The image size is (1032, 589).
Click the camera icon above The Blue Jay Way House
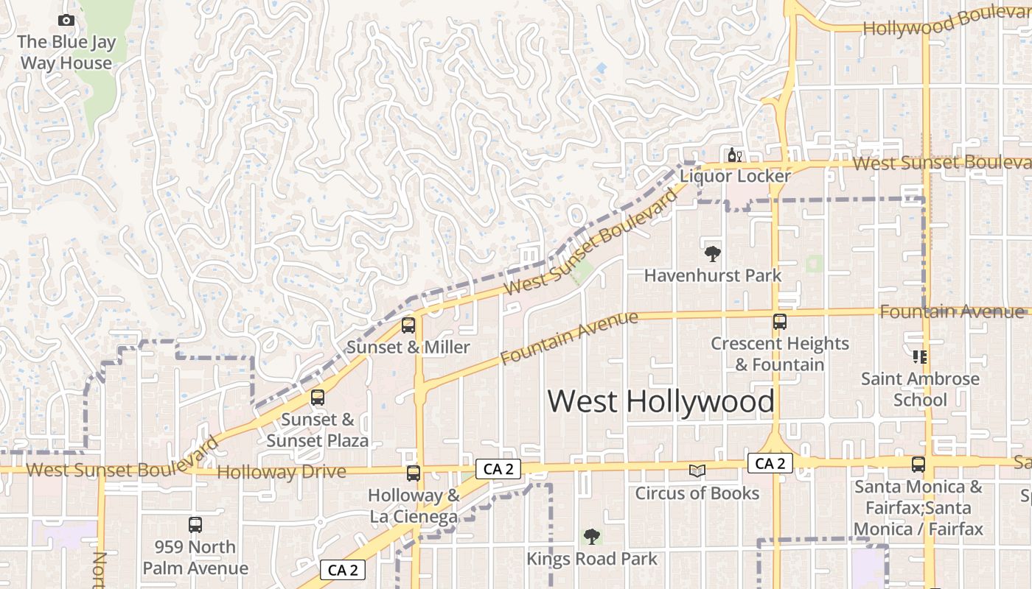[x=66, y=21]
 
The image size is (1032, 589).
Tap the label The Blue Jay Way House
[x=66, y=52]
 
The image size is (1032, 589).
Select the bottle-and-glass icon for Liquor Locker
[x=734, y=155]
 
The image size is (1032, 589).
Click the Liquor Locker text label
[x=735, y=176]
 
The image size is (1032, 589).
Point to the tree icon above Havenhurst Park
[x=712, y=254]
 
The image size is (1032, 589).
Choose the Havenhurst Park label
[x=712, y=275]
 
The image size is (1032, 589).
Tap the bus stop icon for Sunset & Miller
[x=408, y=325]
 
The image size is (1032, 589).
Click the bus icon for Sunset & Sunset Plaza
[x=318, y=398]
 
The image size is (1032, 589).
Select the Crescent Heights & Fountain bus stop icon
[x=779, y=322]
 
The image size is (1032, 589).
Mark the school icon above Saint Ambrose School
[x=920, y=357]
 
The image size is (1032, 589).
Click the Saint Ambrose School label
[x=920, y=389]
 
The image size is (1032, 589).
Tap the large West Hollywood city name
[x=660, y=402]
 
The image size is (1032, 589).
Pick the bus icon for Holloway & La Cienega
[x=414, y=473]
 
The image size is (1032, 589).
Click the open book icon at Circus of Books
[x=697, y=470]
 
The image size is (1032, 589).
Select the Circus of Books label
[x=697, y=493]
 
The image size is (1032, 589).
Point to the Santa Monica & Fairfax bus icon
[x=918, y=465]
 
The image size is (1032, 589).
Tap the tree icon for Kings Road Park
[x=591, y=537]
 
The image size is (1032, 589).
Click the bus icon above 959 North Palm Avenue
[x=195, y=524]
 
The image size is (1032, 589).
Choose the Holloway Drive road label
[x=282, y=472]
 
